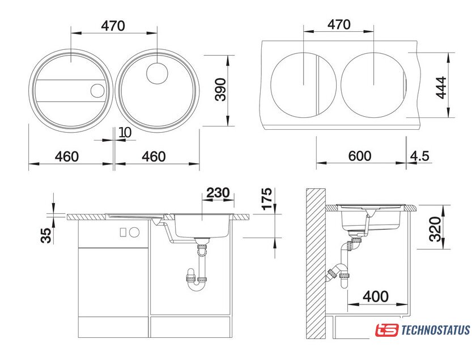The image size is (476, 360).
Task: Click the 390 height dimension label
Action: pos(220,90)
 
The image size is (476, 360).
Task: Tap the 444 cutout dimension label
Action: pos(441,87)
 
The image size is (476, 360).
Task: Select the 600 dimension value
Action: pos(360,156)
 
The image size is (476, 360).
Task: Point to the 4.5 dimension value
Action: pos(420,156)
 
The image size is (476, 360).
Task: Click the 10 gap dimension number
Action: pos(125,133)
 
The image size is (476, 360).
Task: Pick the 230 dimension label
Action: pos(218,192)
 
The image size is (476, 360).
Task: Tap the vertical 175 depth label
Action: pos(267,198)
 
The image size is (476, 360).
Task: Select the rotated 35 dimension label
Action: pos(46,236)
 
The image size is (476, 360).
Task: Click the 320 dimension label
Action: pos(435,229)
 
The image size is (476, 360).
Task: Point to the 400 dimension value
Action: pos(376,296)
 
